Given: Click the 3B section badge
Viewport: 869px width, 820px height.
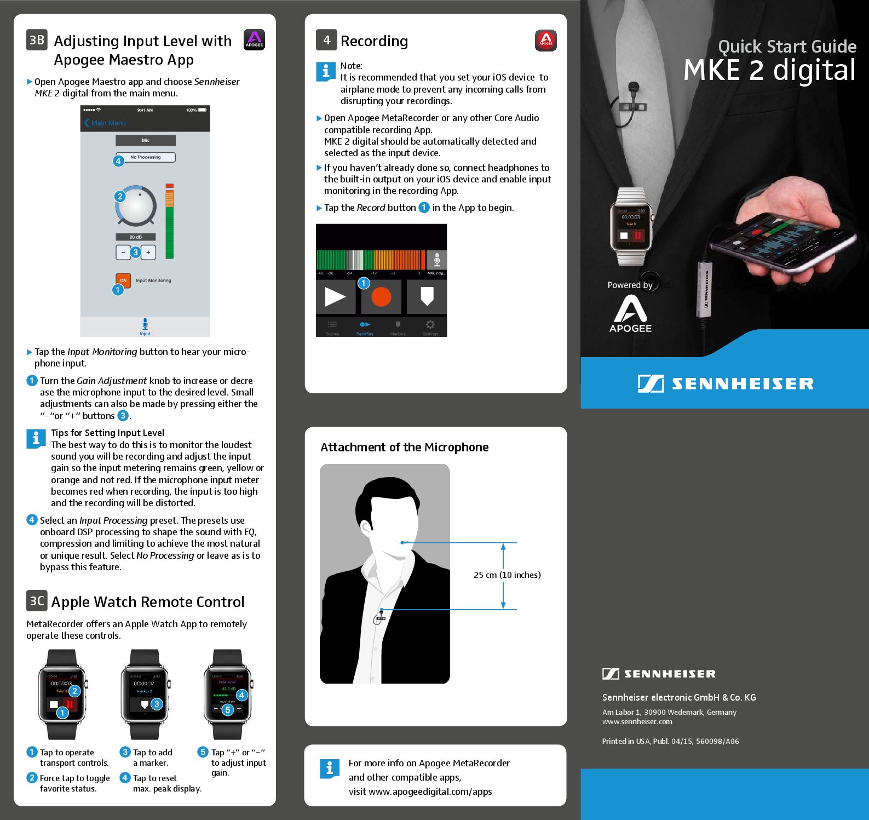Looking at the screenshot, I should [37, 40].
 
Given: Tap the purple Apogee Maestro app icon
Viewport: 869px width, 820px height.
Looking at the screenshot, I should [254, 39].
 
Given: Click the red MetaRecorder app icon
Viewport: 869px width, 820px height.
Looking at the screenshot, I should [545, 40].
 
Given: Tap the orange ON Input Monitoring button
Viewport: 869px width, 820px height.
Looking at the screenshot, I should [123, 280].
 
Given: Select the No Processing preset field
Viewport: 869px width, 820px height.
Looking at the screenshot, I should [146, 157].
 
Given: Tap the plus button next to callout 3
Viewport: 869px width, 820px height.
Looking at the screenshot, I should [148, 253].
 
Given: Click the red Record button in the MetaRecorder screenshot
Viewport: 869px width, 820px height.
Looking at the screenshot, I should [381, 296].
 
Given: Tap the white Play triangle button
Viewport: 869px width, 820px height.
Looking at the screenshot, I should [335, 296].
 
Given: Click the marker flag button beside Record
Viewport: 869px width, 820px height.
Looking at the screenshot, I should [427, 296].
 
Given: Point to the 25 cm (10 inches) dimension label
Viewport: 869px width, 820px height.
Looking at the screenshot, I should [507, 575].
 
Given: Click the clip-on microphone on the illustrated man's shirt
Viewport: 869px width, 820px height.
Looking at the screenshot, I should [380, 618].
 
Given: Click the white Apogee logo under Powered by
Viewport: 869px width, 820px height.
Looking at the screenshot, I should [630, 313].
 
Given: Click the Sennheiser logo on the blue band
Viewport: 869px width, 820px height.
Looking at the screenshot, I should [725, 383].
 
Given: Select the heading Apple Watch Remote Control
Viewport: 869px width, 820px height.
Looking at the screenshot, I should [148, 601].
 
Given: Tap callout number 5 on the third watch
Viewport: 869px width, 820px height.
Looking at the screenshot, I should [228, 709].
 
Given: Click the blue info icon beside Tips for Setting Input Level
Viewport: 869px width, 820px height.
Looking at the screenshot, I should [36, 439].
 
